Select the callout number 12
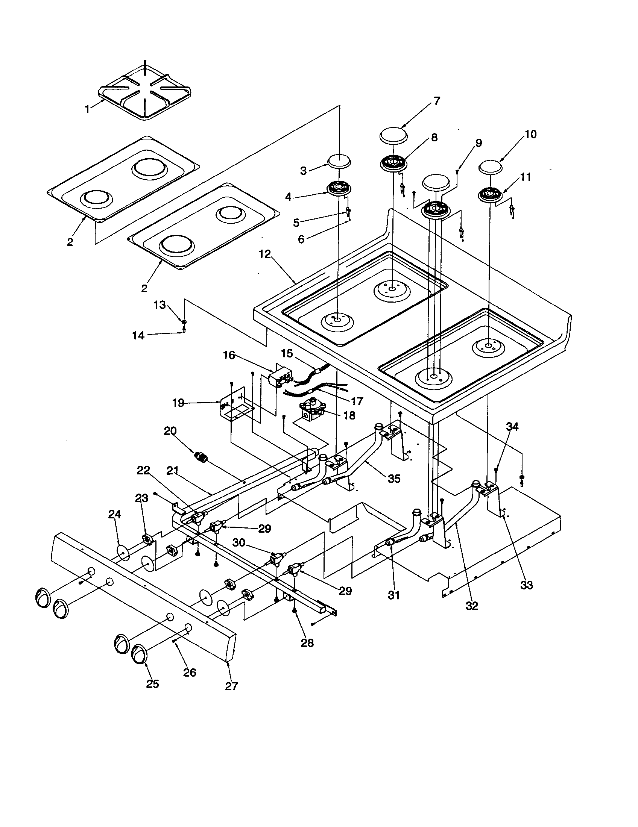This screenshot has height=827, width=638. [265, 254]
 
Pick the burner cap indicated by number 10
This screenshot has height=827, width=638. [491, 166]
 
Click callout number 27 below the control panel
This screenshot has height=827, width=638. [231, 686]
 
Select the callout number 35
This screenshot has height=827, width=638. [394, 479]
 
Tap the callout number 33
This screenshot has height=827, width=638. [527, 585]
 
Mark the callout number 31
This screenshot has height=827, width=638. [394, 595]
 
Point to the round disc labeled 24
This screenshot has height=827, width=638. [123, 553]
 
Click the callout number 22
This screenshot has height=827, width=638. [144, 470]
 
